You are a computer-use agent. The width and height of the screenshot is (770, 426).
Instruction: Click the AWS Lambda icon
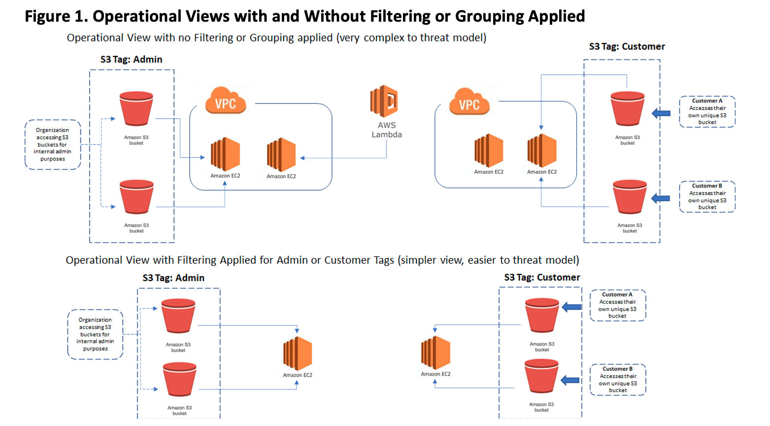[x=384, y=101]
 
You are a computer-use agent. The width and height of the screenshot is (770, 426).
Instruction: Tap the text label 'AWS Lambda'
[x=387, y=130]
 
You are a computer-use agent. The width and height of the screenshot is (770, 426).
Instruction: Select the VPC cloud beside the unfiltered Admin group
[x=226, y=101]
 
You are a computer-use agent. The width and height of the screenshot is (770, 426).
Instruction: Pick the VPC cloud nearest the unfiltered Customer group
[x=469, y=102]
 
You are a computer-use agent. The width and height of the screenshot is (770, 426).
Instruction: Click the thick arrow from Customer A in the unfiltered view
[x=661, y=113]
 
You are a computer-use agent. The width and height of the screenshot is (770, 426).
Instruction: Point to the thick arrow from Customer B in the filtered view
[x=570, y=380]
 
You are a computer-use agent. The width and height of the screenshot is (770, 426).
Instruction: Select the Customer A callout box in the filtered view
[x=618, y=305]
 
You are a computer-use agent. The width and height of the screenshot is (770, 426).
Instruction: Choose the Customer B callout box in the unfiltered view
[x=707, y=197]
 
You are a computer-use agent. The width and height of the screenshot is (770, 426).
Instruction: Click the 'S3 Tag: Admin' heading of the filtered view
[x=173, y=278]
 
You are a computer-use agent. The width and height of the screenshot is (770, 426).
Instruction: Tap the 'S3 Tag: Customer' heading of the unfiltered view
[x=627, y=47]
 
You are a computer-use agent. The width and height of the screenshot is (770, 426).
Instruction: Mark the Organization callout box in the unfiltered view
[x=53, y=145]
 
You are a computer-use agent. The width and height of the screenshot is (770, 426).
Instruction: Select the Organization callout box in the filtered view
[x=95, y=334]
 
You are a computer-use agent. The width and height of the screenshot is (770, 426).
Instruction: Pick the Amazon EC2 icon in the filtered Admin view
[x=298, y=354]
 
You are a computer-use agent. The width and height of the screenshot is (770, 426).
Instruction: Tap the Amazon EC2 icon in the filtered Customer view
[x=435, y=353]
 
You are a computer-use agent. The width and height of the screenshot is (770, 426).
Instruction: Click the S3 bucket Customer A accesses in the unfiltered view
[x=627, y=109]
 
